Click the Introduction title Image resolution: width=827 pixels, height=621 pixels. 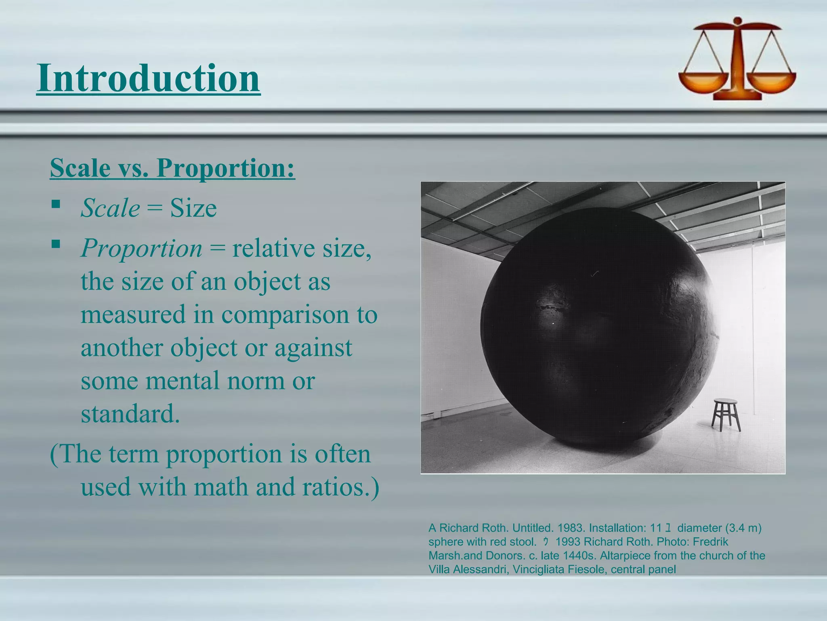[148, 78]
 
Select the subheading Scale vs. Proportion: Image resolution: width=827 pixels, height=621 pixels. [172, 167]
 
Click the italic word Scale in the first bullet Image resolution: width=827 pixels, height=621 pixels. [110, 208]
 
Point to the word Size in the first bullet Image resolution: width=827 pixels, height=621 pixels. [193, 208]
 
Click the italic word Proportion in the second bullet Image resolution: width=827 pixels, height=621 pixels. [141, 248]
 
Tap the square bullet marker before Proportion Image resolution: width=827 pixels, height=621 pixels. [56, 244]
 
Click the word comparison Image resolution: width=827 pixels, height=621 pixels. [285, 314]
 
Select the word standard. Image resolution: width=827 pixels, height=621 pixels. [130, 414]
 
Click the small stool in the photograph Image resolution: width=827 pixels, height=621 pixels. [726, 414]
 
